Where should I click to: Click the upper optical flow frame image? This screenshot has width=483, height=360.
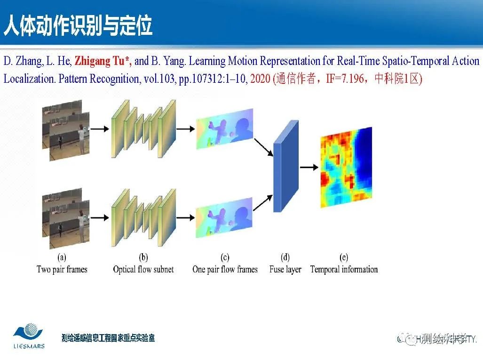224,128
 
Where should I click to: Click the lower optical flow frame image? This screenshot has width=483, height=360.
224,220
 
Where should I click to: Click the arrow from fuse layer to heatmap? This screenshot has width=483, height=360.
309,167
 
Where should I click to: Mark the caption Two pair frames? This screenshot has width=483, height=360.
62,270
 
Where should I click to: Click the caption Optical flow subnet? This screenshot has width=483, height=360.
143,270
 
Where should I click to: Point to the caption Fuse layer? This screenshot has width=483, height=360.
285,270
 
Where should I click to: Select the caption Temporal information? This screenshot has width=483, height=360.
344,270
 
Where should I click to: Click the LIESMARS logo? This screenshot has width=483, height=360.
29,336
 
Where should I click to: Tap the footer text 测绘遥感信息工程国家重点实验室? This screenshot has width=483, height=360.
108,338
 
